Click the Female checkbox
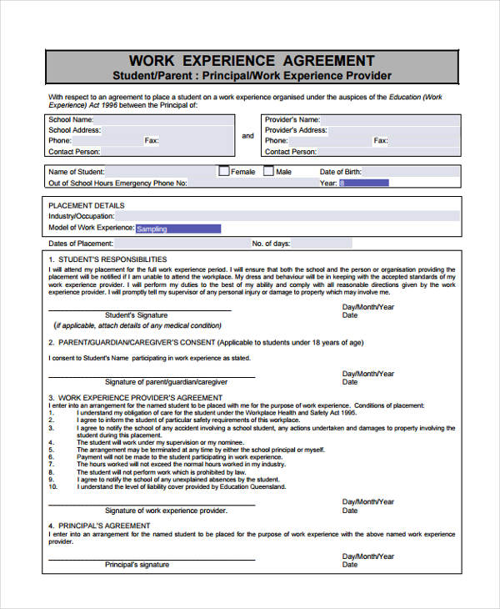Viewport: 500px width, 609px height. click(x=223, y=171)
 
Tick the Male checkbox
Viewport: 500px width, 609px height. click(x=268, y=171)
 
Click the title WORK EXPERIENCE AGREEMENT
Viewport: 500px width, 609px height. click(x=252, y=61)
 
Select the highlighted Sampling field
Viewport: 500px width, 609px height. click(x=177, y=229)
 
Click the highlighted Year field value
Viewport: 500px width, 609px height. click(x=363, y=183)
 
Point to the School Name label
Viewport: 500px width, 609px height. click(x=70, y=119)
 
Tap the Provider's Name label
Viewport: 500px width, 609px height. click(x=292, y=119)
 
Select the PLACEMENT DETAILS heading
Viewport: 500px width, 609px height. click(x=87, y=205)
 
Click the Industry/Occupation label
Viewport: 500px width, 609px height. click(x=82, y=216)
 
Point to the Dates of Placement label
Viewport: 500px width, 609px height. click(x=81, y=244)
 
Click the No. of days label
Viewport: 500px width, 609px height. click(x=271, y=244)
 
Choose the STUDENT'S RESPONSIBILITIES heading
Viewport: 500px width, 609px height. click(x=112, y=259)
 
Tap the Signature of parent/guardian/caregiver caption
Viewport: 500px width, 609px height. click(x=167, y=381)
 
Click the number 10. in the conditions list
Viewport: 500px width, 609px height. click(x=53, y=486)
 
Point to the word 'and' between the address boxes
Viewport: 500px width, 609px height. click(x=247, y=136)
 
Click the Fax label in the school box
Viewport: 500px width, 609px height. click(x=151, y=141)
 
